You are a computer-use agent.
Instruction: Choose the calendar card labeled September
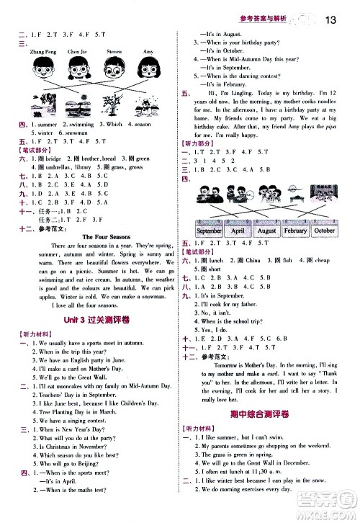(208, 230)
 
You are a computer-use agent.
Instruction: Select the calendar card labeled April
(237, 230)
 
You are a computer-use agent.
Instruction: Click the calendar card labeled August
(266, 230)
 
